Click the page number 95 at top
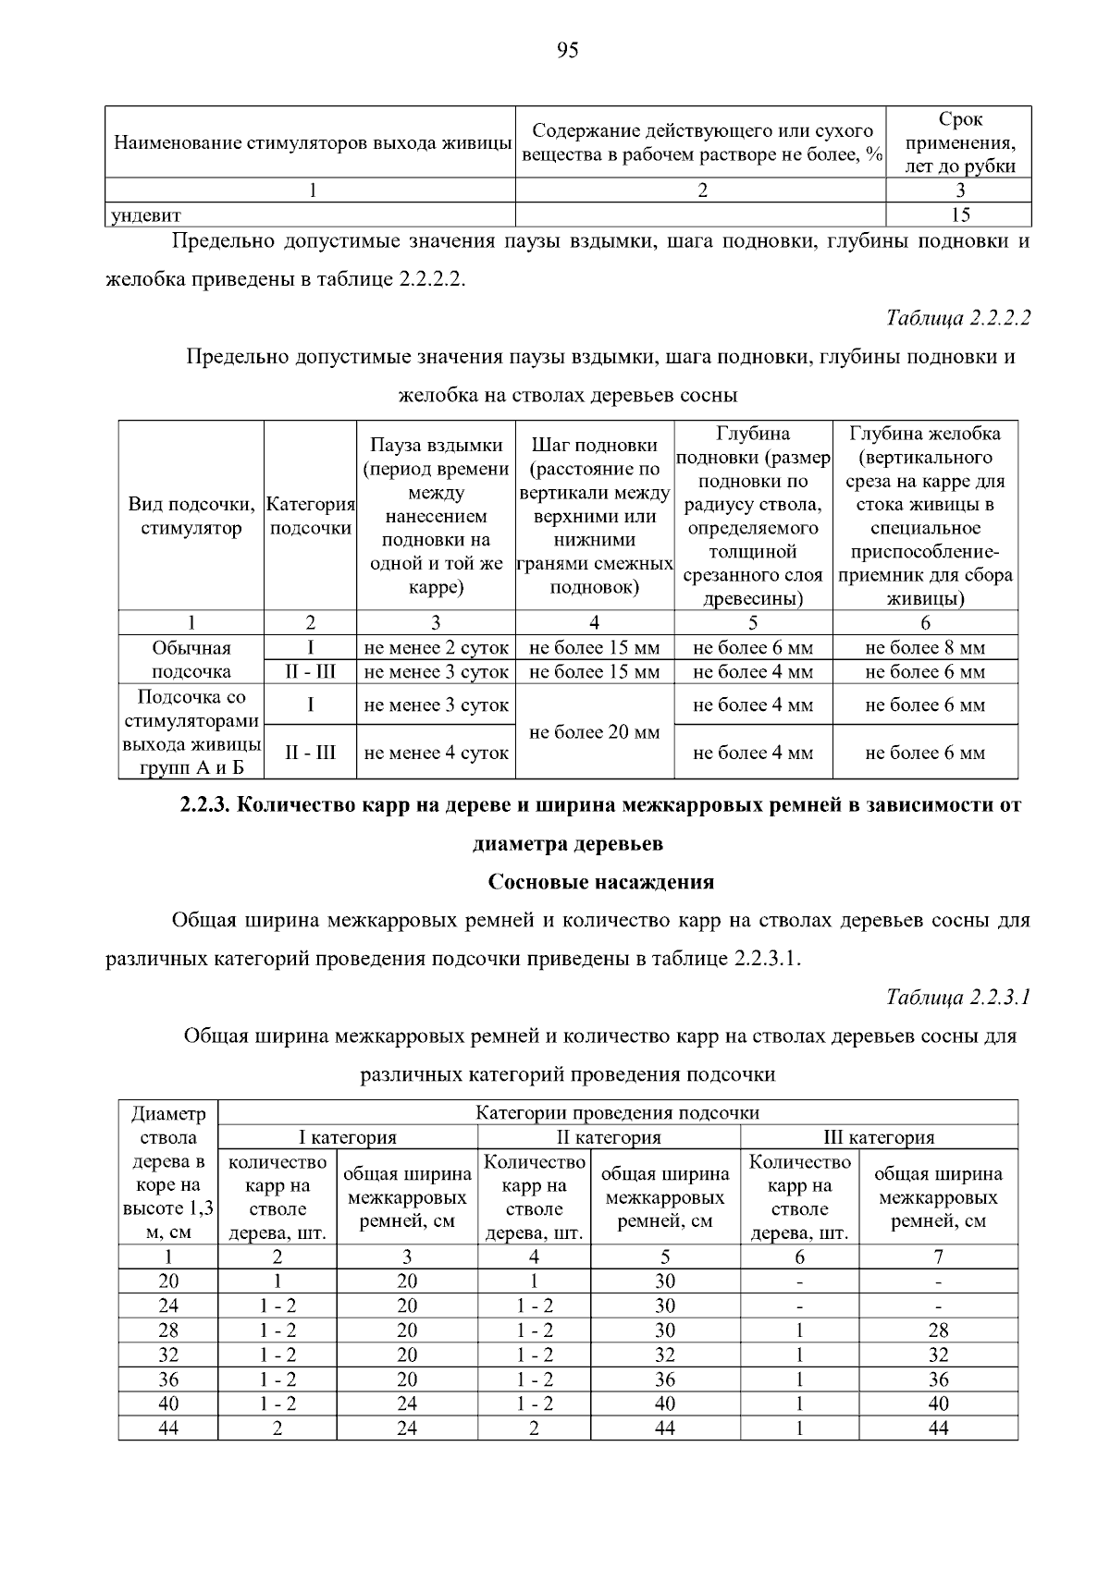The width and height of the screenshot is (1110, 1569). pos(568,51)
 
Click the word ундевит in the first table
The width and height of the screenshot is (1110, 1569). pos(146,216)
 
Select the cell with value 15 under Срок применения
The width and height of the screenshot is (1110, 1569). pos(959,215)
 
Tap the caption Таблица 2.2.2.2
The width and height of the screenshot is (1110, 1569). pos(957,318)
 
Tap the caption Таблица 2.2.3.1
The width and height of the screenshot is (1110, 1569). pos(957,997)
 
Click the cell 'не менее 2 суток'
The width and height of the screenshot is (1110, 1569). pos(436,648)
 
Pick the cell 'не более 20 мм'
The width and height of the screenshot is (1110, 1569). pos(594,732)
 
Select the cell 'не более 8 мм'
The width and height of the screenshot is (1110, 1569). pos(924,648)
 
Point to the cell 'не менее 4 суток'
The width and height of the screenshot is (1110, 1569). pos(436,754)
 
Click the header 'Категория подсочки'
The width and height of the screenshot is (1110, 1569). pos(310,516)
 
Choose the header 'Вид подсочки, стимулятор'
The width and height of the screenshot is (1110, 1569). pos(191,516)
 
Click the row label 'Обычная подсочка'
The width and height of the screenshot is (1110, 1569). pos(191,659)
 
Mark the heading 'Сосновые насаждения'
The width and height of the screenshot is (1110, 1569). pos(601,882)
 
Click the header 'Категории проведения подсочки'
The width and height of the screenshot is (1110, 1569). pos(617,1112)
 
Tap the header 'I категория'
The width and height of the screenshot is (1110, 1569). pos(347,1137)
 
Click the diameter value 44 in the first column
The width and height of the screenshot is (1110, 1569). pos(168,1428)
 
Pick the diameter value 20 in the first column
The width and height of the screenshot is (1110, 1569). pos(168,1281)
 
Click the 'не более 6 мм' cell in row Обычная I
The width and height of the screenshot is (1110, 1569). pos(753,648)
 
